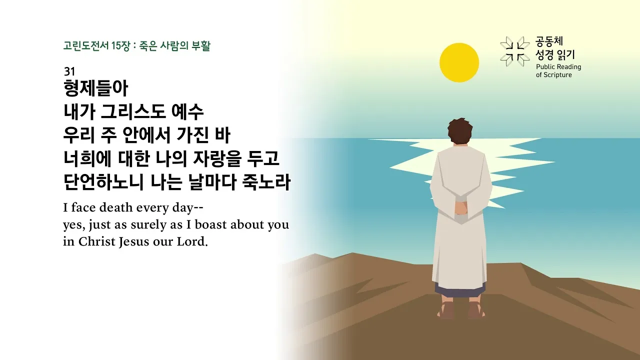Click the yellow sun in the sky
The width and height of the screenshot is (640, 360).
click(459, 62)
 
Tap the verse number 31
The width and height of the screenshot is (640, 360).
click(69, 71)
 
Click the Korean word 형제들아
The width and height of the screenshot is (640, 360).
click(96, 89)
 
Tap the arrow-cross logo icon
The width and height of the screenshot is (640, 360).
click(514, 51)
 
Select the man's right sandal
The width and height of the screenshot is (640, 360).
click(475, 310)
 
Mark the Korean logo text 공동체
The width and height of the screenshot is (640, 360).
click(549, 41)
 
